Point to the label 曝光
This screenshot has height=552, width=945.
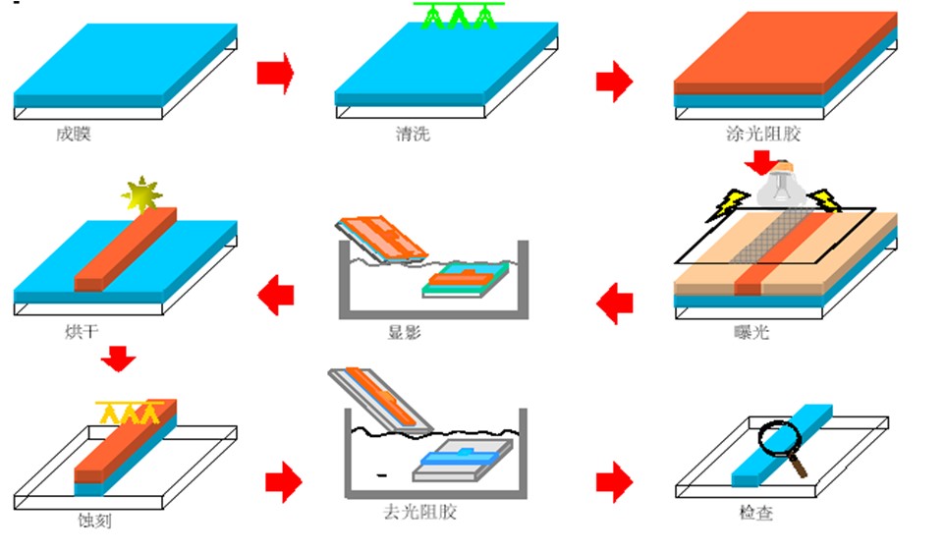[x=751, y=333]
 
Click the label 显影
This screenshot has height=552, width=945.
[x=404, y=333]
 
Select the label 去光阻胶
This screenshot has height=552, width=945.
[x=419, y=513]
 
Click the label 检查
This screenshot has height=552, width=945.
[x=755, y=513]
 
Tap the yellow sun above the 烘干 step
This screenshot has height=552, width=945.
[x=140, y=195]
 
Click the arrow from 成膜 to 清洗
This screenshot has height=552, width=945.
[x=275, y=74]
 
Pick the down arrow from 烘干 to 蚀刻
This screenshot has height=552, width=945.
[x=119, y=359]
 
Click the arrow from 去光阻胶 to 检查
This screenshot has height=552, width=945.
[x=614, y=482]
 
